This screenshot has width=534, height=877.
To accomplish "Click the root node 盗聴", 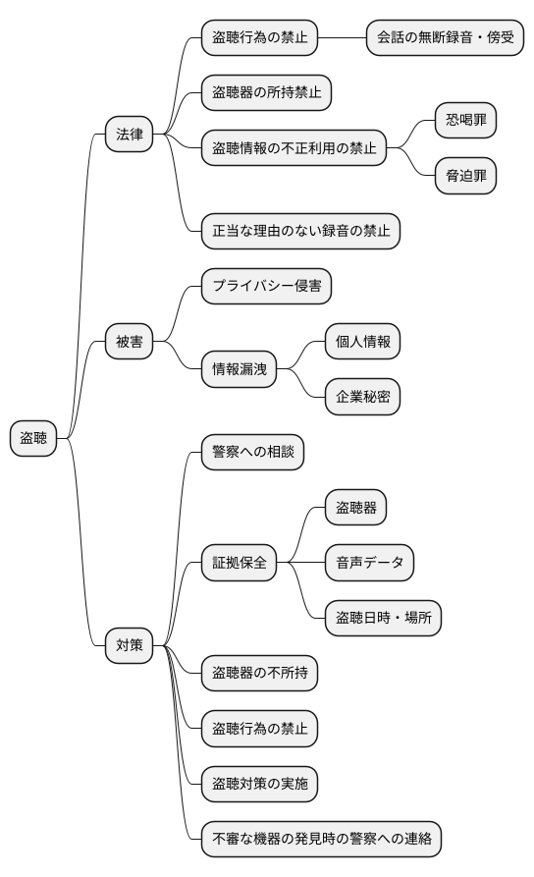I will (x=33, y=438).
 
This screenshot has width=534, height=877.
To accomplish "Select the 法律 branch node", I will (x=130, y=135).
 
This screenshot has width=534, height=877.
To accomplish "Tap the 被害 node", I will (x=130, y=342).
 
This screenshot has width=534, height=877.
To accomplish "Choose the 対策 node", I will (x=130, y=645).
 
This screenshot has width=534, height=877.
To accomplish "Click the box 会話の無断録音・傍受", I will (x=445, y=38).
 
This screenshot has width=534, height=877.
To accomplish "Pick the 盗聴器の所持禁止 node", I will (x=266, y=93).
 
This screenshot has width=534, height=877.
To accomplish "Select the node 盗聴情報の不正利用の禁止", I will (x=294, y=148).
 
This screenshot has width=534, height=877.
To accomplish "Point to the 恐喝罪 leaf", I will (x=466, y=121).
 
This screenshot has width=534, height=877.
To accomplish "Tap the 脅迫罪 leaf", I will (x=466, y=176).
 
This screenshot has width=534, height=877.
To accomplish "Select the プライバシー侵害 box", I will (x=266, y=287).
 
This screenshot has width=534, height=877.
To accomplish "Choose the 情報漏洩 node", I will (x=240, y=369).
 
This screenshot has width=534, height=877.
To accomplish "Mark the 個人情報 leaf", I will (x=363, y=342).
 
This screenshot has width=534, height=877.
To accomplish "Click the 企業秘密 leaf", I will (x=363, y=397).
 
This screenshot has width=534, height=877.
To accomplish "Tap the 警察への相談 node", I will (x=252, y=453).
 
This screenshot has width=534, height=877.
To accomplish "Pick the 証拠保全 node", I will (x=240, y=563).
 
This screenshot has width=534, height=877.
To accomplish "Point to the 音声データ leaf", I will (x=369, y=563).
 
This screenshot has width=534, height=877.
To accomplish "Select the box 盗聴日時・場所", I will (x=383, y=618).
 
